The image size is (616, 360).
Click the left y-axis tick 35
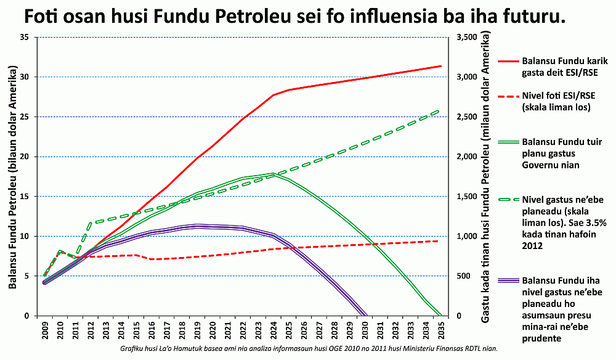point(25,37)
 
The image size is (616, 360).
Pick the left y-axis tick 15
point(25,196)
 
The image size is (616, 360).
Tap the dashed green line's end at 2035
point(440,110)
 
